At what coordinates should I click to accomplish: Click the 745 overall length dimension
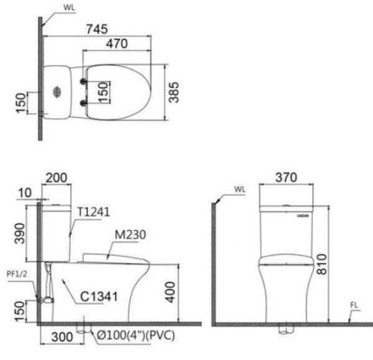(98, 29)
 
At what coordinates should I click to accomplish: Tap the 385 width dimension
(176, 91)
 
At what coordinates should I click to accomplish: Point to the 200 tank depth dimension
(57, 178)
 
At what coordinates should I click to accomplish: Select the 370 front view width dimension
(287, 178)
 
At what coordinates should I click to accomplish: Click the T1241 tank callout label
(93, 212)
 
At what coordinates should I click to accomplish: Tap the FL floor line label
(354, 305)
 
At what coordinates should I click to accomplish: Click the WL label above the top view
(68, 8)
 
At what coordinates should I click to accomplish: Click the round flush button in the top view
(57, 92)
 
